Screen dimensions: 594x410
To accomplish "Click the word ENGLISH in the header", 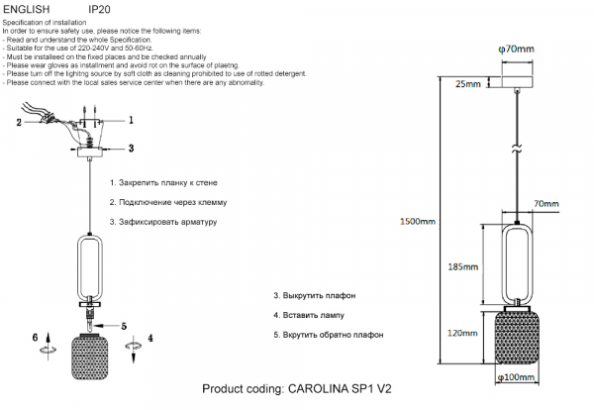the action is (26, 9).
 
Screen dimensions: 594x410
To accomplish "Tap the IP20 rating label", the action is (99, 9).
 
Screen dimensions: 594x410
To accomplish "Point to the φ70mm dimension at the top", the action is (516, 49).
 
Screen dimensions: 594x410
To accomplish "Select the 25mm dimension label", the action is (468, 84).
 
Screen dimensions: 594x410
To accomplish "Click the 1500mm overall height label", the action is (418, 221).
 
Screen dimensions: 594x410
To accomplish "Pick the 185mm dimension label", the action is (463, 266).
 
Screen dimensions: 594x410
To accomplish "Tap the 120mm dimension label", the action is (462, 333).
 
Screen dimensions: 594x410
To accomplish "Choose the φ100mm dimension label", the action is (516, 377).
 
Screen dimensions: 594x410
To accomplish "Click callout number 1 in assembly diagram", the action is (131, 120).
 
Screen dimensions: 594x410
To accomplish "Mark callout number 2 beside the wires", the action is (19, 123).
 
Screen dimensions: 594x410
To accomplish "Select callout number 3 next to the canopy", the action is (131, 149).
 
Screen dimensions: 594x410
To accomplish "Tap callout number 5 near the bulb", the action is (124, 326).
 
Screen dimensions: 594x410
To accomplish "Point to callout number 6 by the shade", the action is (36, 338).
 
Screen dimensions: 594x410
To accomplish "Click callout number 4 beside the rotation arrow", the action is (150, 338).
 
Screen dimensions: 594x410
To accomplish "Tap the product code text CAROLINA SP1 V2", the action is (340, 389).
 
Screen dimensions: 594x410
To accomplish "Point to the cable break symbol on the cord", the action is (517, 149).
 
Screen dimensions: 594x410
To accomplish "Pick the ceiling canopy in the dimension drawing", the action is (517, 82).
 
